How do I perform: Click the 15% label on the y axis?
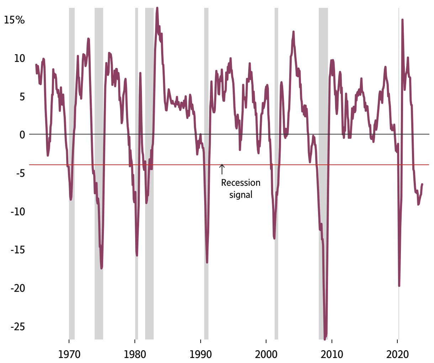click(14, 20)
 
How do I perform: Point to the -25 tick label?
click(17, 326)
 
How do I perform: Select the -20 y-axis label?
click(17, 288)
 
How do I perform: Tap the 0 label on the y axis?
click(22, 135)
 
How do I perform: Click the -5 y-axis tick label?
click(20, 173)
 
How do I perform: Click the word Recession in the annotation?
click(240, 183)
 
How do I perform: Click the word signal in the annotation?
click(241, 195)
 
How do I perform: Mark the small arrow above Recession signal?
click(222, 169)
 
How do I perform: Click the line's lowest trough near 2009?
click(325, 338)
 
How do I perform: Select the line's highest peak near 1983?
click(157, 8)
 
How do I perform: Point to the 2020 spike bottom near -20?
click(399, 285)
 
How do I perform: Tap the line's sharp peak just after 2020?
click(402, 20)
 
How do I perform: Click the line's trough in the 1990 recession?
click(207, 262)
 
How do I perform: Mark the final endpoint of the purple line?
click(422, 184)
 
